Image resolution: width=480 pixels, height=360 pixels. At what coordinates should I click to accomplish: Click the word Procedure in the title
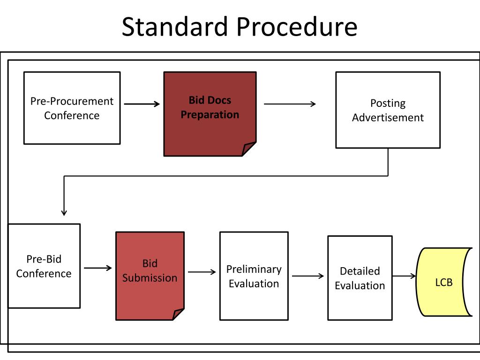297,27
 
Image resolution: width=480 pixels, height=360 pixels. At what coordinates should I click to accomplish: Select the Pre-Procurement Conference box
72,108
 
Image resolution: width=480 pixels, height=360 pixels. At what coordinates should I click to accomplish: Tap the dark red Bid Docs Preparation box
210,114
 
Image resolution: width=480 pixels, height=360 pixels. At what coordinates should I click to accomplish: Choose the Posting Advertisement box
388,110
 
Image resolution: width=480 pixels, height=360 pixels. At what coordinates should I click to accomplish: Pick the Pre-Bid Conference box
44,266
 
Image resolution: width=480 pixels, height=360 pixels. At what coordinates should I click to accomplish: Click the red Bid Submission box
150,276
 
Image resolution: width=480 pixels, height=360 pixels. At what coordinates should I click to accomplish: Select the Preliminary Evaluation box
254,276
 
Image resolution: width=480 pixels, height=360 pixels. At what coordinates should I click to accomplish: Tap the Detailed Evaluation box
360,278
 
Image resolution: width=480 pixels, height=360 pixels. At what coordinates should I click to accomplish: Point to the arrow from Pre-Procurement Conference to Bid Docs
142,104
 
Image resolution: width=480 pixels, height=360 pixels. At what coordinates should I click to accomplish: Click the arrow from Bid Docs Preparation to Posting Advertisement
290,104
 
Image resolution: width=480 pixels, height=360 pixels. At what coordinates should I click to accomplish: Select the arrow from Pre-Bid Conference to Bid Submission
98,268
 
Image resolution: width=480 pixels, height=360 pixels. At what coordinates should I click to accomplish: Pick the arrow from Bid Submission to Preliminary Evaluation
202,272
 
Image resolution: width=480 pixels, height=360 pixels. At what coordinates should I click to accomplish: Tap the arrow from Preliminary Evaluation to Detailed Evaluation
308,276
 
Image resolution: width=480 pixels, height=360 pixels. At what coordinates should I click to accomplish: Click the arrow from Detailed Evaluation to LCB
404,276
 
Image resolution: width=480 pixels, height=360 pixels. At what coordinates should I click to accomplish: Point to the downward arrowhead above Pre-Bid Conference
64,212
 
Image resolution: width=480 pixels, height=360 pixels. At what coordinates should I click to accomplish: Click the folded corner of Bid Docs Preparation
247,150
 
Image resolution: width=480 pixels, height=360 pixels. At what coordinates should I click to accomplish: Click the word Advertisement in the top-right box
388,118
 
